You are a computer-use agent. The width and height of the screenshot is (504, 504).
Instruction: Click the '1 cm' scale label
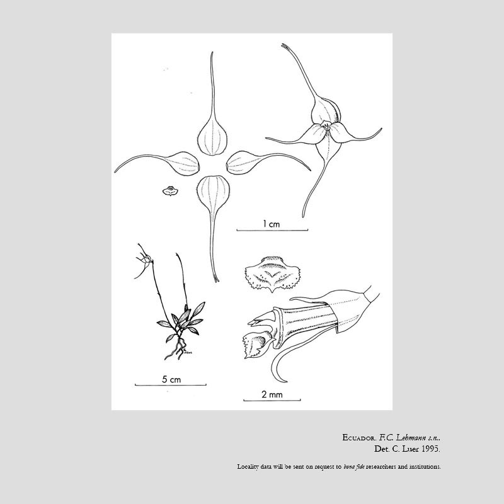coord(272,224)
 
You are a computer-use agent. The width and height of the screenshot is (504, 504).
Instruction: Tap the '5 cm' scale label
coord(171,380)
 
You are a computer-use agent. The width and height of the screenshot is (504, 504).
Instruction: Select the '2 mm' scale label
coord(272,394)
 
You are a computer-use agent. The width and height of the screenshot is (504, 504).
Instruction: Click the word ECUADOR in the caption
coord(359,438)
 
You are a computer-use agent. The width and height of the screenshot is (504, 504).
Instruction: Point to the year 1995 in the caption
coord(431,449)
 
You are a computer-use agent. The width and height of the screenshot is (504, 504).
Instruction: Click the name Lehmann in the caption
coord(411,437)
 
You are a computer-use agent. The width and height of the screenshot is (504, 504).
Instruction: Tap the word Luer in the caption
coord(411,449)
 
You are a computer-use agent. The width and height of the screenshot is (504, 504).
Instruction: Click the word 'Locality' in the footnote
coord(248,467)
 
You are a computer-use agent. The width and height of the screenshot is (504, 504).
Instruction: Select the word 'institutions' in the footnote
coord(425,466)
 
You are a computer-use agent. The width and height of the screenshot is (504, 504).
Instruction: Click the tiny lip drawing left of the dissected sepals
coord(170,192)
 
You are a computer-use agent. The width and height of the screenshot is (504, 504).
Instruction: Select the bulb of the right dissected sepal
coord(244,163)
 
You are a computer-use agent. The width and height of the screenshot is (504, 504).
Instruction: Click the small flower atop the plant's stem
coord(144,259)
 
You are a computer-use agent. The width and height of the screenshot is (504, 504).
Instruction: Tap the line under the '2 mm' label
coord(272,400)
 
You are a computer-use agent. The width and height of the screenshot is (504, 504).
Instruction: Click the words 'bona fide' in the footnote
coord(354,467)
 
